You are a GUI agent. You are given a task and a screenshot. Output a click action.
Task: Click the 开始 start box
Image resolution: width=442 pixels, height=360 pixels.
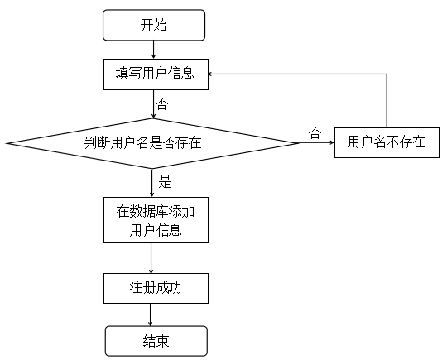154,25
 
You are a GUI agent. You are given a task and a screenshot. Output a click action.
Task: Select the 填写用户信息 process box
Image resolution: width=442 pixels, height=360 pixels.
156,74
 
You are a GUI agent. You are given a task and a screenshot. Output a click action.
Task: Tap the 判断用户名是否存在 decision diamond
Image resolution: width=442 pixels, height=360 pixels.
152,143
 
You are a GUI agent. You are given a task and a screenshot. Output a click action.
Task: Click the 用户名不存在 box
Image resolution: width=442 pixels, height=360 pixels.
387,142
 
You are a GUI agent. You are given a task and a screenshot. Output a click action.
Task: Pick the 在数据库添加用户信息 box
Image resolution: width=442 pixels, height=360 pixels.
156,220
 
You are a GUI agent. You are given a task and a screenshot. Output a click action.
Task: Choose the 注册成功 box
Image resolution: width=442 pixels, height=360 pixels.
156,288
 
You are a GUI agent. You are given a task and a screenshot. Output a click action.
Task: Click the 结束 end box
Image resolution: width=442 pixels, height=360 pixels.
156,341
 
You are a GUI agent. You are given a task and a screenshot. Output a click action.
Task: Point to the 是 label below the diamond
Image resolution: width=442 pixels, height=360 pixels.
166,181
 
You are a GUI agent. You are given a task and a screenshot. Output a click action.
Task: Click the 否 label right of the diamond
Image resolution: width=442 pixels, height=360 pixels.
315,132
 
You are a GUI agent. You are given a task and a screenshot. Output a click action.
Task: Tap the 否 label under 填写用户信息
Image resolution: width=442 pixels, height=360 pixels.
162,103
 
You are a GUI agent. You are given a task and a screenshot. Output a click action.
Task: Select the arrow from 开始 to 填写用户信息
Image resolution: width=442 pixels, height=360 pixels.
154,50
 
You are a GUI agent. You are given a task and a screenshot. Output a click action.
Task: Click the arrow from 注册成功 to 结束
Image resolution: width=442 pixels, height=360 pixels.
151,314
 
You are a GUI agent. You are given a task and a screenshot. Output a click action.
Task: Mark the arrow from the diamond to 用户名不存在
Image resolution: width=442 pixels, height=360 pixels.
316,142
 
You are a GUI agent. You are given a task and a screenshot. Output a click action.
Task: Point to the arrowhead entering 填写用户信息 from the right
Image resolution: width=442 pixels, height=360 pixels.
209,74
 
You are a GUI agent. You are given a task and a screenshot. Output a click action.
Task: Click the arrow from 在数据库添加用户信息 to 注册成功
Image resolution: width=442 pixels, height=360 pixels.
151,258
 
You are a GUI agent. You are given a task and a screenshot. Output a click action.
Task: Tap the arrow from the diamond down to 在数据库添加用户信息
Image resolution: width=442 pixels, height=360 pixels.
152,183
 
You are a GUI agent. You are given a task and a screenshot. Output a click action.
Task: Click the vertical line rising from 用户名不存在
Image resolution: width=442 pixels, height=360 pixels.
387,101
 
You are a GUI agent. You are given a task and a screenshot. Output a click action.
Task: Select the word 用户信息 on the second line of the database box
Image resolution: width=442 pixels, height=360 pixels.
156,230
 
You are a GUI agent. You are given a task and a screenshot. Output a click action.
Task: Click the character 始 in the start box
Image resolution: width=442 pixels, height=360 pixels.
161,25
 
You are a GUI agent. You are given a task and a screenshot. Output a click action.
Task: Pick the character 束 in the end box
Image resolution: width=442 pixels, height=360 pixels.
163,341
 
